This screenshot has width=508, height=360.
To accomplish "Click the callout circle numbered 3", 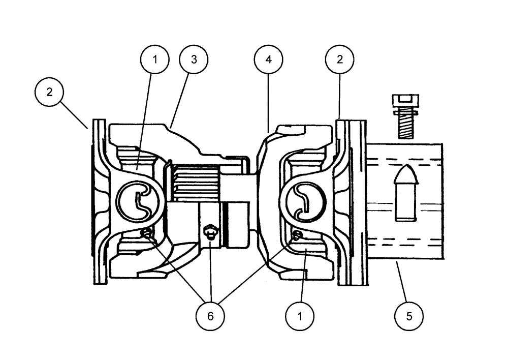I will point(194,59).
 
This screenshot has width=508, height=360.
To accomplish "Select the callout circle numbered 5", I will point(409,316).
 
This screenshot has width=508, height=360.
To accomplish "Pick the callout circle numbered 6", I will point(210,316).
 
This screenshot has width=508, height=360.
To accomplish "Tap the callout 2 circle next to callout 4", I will point(339,59).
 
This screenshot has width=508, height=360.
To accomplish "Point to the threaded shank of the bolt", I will point(405,125).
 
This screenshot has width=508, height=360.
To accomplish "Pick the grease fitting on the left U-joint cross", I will point(147,233).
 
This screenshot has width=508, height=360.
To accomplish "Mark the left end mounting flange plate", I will point(98,201).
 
